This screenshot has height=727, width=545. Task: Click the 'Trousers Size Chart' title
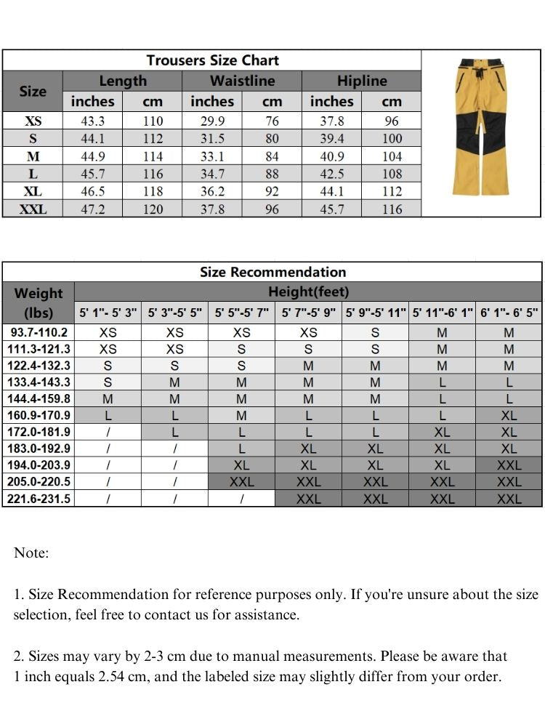tap(212, 60)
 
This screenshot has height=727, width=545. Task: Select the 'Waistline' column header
tap(242, 81)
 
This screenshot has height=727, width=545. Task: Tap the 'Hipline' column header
tap(362, 81)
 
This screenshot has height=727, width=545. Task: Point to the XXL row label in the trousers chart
tap(33, 209)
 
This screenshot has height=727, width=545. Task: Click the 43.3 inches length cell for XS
tap(93, 121)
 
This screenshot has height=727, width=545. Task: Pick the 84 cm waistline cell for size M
tap(272, 156)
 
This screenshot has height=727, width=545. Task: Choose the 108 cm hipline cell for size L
tap(392, 174)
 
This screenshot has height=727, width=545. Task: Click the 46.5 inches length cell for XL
tap(93, 191)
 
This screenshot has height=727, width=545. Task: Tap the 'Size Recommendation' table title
tap(272, 272)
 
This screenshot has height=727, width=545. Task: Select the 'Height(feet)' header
tap(308, 292)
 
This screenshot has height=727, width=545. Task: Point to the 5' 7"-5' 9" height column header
tap(309, 313)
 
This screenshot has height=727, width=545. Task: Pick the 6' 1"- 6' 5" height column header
tap(509, 313)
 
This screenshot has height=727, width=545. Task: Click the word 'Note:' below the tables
tap(31, 553)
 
